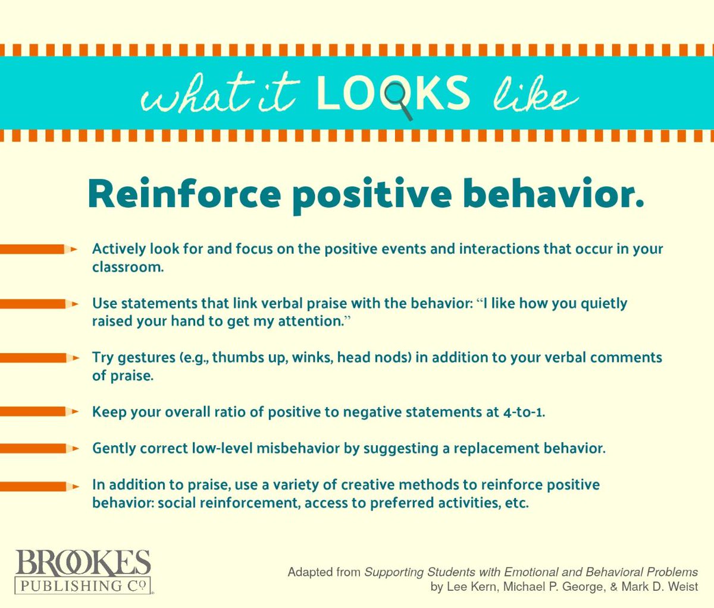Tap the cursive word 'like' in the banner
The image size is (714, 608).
pyautogui.click(x=535, y=95)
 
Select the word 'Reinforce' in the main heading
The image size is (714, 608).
pyautogui.click(x=184, y=193)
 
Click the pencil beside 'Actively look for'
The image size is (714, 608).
pyautogui.click(x=39, y=250)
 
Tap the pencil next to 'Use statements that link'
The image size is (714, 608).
pyautogui.click(x=39, y=304)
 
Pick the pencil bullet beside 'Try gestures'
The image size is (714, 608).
pyautogui.click(x=39, y=358)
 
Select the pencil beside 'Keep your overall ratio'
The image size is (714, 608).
pyautogui.click(x=39, y=411)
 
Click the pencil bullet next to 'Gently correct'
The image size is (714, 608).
pyautogui.click(x=39, y=448)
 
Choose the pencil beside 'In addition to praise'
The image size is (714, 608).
pyautogui.click(x=39, y=486)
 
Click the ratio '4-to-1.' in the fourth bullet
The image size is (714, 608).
pyautogui.click(x=524, y=412)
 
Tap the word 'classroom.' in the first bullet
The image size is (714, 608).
pyautogui.click(x=127, y=267)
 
